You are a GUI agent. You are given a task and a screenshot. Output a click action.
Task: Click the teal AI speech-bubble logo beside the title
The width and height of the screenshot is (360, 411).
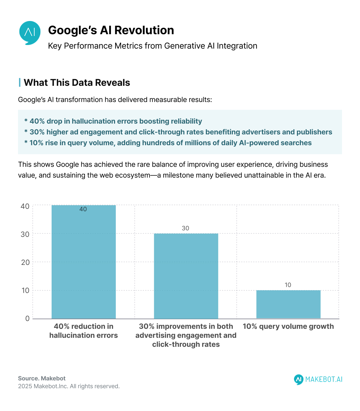coord(30,32)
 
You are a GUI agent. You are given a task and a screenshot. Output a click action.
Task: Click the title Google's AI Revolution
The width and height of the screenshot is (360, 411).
coord(111,30)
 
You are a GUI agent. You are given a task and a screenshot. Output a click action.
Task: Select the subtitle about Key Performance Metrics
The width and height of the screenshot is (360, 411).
coord(152,46)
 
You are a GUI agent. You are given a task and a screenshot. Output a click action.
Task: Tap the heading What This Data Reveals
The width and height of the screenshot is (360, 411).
coord(77,82)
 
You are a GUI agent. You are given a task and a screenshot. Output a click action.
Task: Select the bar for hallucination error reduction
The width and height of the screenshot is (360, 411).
coord(84,264)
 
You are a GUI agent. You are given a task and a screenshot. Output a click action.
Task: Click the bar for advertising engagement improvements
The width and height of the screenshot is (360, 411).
coord(186,276)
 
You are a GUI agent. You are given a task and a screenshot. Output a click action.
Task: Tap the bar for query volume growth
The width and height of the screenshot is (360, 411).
coord(288,304)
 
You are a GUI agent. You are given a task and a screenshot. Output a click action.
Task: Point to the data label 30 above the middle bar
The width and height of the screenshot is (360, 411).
coord(185,228)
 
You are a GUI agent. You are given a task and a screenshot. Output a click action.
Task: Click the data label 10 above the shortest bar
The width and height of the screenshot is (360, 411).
coord(288,285)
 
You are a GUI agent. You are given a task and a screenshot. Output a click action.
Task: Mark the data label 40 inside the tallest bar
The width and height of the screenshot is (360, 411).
coord(83,209)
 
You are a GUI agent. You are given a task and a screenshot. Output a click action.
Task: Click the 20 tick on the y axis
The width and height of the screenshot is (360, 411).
coord(25,262)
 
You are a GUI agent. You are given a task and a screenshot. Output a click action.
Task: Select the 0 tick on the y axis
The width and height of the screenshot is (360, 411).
coord(27,319)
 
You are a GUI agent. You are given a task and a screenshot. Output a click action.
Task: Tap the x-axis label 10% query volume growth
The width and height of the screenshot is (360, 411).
coord(288,326)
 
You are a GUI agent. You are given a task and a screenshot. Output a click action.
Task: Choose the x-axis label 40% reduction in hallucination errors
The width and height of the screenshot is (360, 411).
coord(84,331)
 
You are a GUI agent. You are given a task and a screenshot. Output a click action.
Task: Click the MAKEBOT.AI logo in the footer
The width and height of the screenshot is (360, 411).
coord(318,379)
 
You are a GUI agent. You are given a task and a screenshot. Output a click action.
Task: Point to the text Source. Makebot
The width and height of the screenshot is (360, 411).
coord(42,378)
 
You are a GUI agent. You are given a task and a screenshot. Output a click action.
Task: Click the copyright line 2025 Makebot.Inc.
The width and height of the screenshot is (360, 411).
coord(69,386)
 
